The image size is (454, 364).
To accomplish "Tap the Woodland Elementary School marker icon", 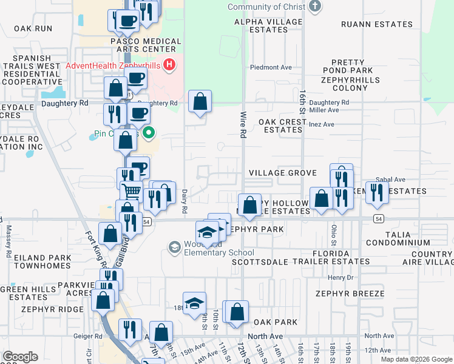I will (175, 247).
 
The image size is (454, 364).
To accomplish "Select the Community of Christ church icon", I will (314, 7).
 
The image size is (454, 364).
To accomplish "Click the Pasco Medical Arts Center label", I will (146, 45).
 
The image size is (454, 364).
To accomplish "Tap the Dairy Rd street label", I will (185, 200).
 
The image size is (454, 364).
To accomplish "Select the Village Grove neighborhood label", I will (282, 173).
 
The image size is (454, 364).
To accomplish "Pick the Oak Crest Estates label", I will (282, 126).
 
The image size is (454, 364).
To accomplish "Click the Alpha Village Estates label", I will (269, 25).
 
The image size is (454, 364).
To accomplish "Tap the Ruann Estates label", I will (376, 24).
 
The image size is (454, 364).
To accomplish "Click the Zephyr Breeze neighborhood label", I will (349, 294).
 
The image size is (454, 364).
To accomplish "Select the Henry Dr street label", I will (340, 277).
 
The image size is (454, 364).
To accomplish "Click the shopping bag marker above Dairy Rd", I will (200, 101).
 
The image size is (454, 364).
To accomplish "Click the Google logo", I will (21, 357).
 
